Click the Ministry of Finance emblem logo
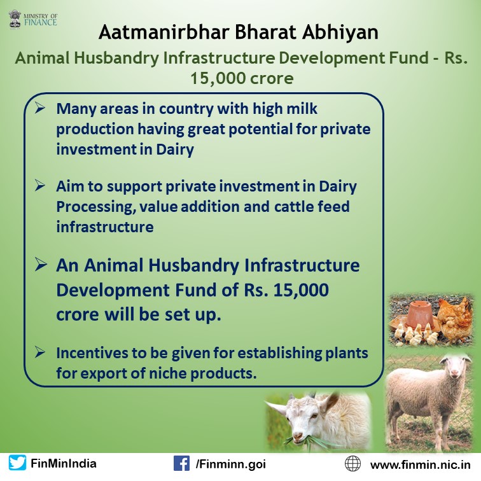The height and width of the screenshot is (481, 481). (15, 20)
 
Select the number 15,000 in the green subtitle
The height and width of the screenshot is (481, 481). (218, 78)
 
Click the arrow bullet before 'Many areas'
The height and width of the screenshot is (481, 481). (39, 108)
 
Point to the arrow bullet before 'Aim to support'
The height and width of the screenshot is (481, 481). (39, 185)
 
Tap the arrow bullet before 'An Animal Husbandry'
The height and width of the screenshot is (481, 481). (41, 265)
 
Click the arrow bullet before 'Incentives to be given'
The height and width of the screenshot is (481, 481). (39, 352)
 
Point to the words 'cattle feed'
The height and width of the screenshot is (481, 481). (312, 206)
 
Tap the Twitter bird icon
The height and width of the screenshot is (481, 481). (17, 463)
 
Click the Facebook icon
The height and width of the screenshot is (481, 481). (181, 463)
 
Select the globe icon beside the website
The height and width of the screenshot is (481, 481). (352, 463)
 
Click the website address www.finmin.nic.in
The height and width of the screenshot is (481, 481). (421, 464)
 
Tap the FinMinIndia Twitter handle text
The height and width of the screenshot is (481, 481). (64, 463)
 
